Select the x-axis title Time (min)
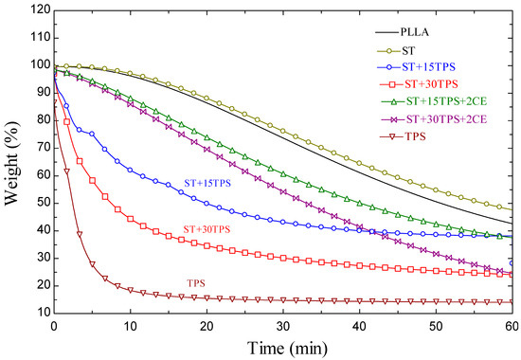pyautogui.click(x=282, y=347)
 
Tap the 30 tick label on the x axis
pyautogui.click(x=282, y=326)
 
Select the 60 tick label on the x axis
pyautogui.click(x=511, y=326)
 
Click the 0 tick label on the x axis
pyautogui.click(x=54, y=326)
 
